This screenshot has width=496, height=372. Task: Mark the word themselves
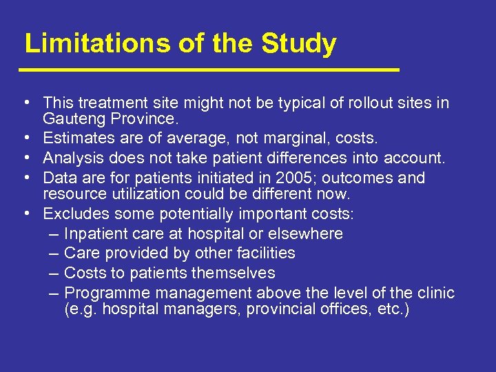coord(238,273)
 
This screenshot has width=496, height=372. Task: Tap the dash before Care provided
coord(56,253)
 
